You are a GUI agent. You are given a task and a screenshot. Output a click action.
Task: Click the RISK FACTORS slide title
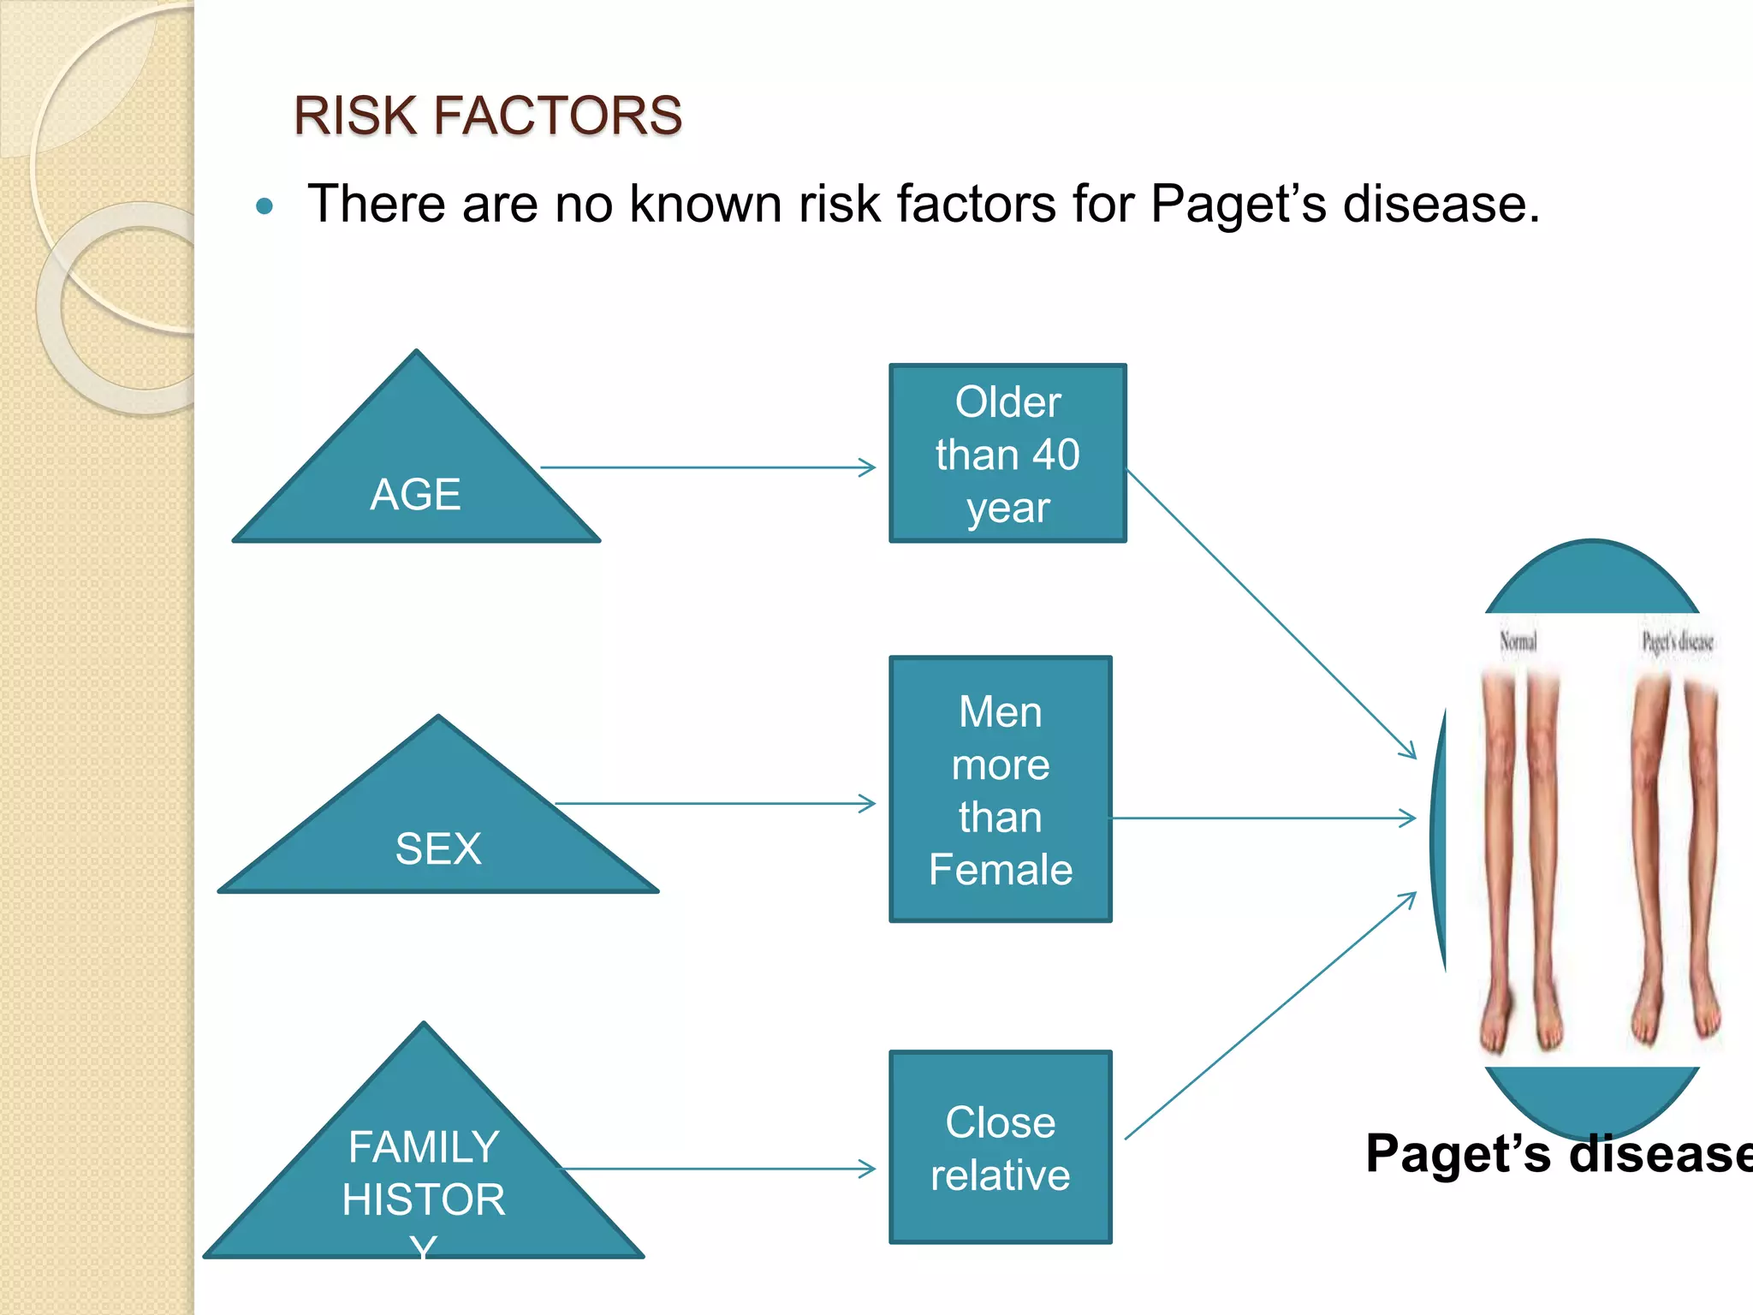tap(487, 116)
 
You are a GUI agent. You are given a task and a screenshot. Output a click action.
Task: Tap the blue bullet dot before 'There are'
tap(264, 206)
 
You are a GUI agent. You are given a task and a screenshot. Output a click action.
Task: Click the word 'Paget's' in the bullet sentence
tap(1238, 205)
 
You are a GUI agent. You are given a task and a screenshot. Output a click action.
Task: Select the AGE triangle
tap(416, 479)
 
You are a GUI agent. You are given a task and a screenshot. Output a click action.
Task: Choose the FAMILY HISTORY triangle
tap(424, 1173)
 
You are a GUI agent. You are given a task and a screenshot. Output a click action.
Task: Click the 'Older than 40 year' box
tap(1007, 454)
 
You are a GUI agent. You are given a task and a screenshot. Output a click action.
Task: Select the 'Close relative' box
tap(1000, 1147)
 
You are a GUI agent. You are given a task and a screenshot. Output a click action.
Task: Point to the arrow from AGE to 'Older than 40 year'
tap(707, 467)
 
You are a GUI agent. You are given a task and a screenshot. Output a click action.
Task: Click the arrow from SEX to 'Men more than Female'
tap(715, 804)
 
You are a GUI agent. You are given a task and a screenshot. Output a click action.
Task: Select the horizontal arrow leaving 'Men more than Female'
tap(1263, 818)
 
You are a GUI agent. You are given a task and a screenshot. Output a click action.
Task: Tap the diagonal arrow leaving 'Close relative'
tap(1271, 1015)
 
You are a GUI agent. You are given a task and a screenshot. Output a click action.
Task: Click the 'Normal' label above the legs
tap(1518, 641)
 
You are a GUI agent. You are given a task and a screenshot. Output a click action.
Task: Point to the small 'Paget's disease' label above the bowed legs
tap(1678, 641)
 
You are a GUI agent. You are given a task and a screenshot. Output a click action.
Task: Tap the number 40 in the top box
tap(1055, 455)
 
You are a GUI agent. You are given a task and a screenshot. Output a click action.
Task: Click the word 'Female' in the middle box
tap(1000, 870)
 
